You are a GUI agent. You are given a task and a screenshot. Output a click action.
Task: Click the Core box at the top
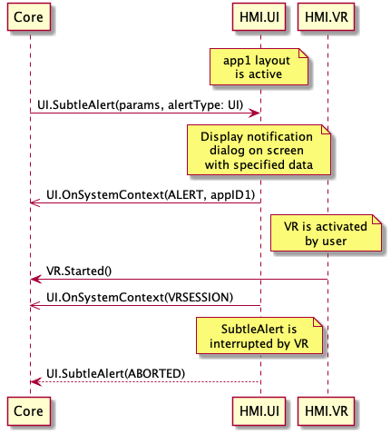click(29, 17)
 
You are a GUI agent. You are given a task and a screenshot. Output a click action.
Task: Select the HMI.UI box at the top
click(259, 17)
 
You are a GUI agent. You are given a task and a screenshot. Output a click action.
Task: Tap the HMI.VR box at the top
click(326, 17)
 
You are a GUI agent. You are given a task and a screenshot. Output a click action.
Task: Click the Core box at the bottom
click(29, 411)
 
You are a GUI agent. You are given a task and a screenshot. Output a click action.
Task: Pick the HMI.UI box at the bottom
click(259, 411)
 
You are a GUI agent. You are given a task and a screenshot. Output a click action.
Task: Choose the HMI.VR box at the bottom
click(326, 411)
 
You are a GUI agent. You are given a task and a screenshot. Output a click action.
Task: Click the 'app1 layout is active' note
click(259, 67)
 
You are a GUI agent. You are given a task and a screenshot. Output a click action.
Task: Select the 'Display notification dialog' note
click(259, 150)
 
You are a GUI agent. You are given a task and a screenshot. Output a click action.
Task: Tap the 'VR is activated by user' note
click(326, 233)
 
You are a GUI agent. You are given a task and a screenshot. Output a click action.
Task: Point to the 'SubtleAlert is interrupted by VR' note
click(259, 336)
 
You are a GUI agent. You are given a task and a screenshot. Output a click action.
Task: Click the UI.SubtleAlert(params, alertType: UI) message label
click(141, 104)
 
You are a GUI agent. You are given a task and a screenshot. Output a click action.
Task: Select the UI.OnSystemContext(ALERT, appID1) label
click(151, 194)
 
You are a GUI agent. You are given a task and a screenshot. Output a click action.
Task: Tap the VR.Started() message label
click(79, 271)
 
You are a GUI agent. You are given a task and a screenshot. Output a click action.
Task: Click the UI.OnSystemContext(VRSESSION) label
click(140, 297)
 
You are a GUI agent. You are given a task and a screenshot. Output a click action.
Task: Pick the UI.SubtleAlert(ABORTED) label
click(115, 373)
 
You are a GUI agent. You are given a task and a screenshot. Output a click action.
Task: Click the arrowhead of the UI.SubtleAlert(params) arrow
click(257, 113)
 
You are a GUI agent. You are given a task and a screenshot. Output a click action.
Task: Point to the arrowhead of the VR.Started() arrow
click(34, 280)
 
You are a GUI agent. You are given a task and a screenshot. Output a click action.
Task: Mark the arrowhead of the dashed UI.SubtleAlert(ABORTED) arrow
click(34, 382)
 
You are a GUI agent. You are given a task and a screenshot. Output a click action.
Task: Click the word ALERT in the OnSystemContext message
click(185, 194)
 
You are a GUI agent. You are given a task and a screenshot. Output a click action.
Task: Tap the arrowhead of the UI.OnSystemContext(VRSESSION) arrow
click(34, 306)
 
